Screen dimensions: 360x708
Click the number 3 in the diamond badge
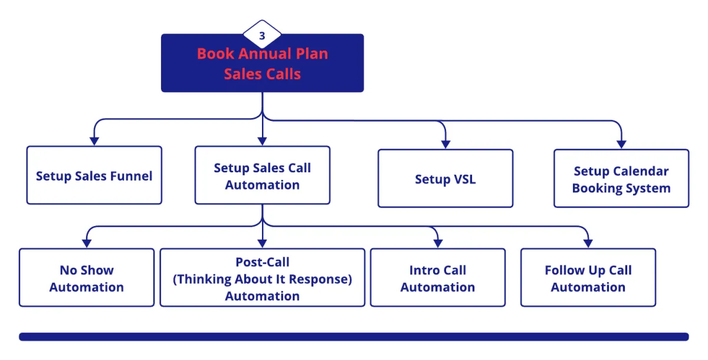[x=262, y=35]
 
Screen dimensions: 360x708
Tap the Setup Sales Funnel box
[x=94, y=175]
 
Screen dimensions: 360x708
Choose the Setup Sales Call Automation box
[x=262, y=176]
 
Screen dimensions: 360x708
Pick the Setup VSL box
[x=445, y=179]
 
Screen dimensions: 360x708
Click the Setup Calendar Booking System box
[x=621, y=179]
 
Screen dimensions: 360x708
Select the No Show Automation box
[x=86, y=278]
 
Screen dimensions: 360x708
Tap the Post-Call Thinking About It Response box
[x=262, y=278]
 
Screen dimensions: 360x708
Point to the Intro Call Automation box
[x=437, y=278]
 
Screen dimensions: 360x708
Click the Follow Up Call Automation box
[x=588, y=278]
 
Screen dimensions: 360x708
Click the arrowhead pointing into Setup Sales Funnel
[x=94, y=141]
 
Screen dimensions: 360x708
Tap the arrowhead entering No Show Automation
[x=86, y=243]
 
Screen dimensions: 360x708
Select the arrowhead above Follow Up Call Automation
[x=588, y=243]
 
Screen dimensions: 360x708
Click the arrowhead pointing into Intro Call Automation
[x=437, y=243]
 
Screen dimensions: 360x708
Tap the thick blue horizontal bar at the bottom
[x=353, y=336]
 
